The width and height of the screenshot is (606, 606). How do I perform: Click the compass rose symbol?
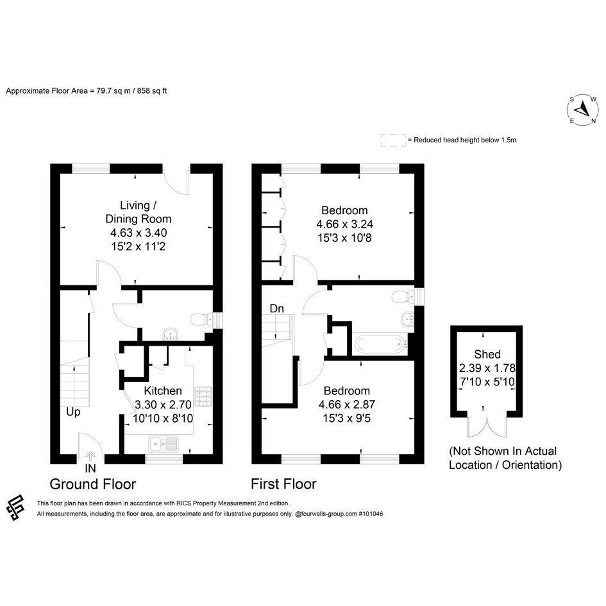click(582, 110)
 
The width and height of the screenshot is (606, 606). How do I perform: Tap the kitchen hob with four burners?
click(203, 396)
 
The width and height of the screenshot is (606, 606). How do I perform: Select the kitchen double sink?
click(164, 443)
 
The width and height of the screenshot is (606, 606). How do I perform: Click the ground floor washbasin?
click(171, 334)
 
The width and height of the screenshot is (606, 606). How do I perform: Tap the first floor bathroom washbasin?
click(408, 319)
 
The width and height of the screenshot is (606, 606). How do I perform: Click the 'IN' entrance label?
click(90, 468)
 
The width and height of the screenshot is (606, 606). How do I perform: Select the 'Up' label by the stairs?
click(73, 412)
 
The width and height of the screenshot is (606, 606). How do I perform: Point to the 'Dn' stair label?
click(277, 308)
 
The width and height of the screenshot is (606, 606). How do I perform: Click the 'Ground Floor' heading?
click(93, 484)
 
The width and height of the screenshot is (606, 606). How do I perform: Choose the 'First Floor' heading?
click(283, 484)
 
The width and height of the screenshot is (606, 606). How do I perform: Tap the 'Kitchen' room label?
click(163, 391)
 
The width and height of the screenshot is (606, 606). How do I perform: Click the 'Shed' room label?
click(487, 354)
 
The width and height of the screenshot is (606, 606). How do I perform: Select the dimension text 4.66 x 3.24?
click(345, 224)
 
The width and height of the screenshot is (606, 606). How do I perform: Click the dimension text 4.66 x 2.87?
click(347, 404)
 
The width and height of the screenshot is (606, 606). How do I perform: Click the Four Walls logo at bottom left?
click(15, 507)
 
